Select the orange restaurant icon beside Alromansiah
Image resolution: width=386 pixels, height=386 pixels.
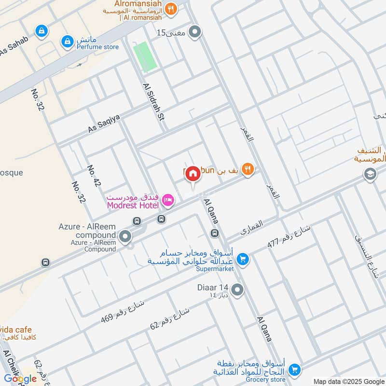pyautogui.click(x=170, y=8)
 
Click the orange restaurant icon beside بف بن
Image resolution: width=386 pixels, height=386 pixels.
pyautogui.click(x=248, y=169)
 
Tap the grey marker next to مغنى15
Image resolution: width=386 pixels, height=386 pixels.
pyautogui.click(x=195, y=32)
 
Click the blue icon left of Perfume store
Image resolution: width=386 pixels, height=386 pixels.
pyautogui.click(x=66, y=41)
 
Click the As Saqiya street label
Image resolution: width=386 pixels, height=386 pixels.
pyautogui.click(x=104, y=124)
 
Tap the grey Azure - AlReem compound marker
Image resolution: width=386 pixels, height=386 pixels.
pyautogui.click(x=125, y=237)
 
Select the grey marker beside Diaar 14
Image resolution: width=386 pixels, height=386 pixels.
pyautogui.click(x=237, y=290)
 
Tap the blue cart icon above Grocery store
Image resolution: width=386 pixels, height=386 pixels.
pyautogui.click(x=294, y=370)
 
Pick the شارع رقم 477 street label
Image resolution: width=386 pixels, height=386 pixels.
pyautogui.click(x=290, y=237)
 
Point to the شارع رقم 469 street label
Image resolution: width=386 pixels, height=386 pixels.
pyautogui.click(x=123, y=312)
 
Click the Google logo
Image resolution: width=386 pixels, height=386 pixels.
pyautogui.click(x=20, y=378)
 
